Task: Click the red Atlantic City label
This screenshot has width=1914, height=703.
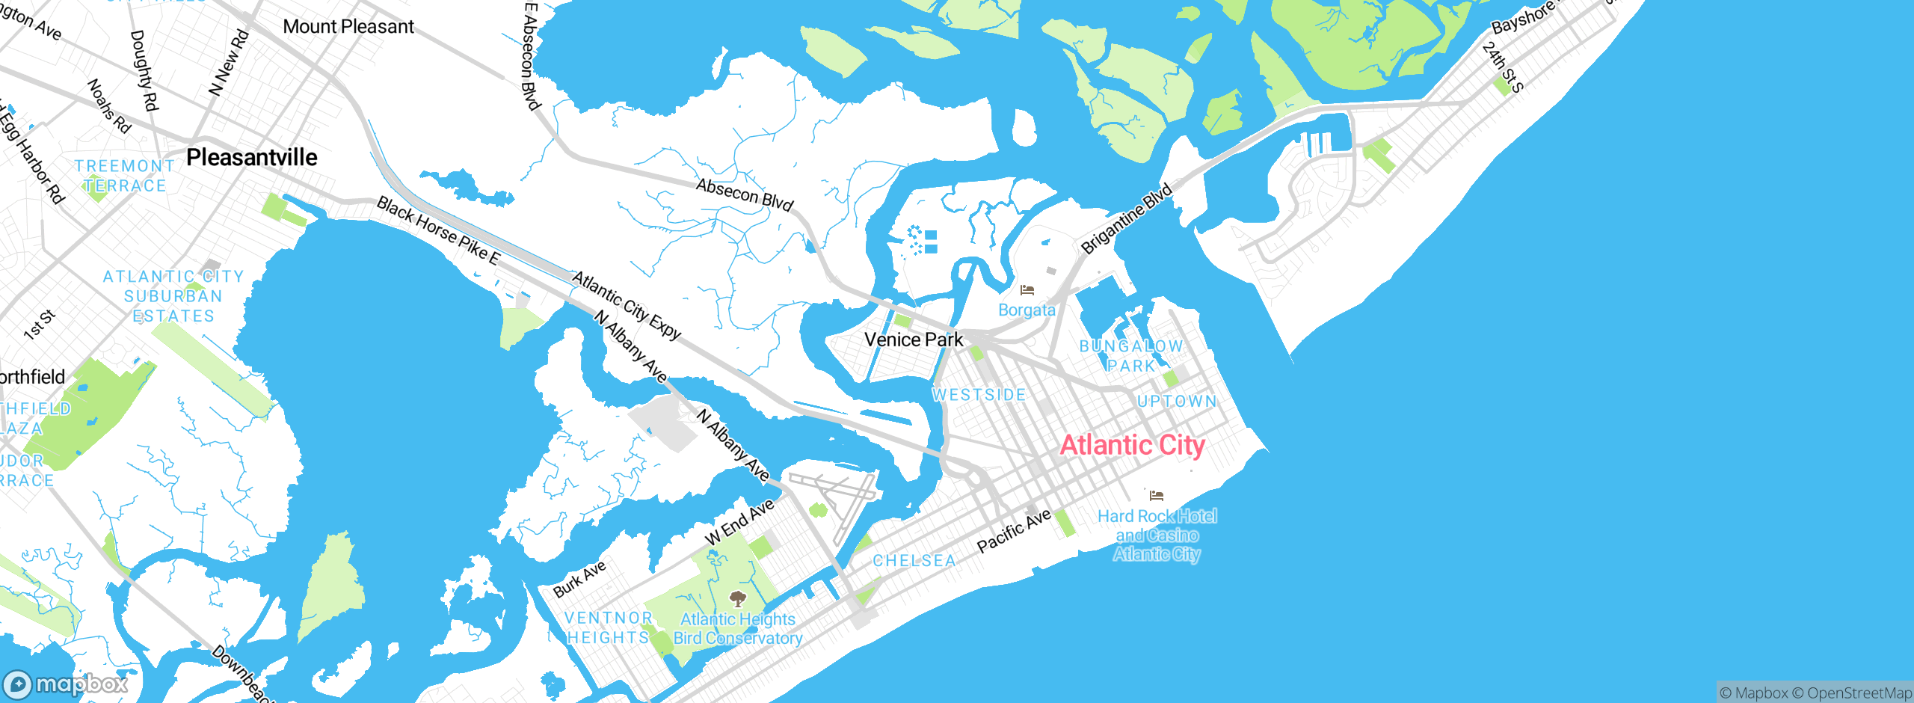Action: click(x=1132, y=446)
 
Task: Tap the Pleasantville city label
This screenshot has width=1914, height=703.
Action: click(x=252, y=158)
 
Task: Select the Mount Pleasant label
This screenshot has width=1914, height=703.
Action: click(x=348, y=27)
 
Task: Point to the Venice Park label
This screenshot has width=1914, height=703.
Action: click(x=914, y=340)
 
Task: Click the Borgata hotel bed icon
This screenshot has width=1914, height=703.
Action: click(x=1027, y=289)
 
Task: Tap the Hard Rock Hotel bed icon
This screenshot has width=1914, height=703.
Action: click(x=1157, y=495)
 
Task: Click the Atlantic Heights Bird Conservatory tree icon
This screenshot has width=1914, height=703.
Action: click(x=738, y=598)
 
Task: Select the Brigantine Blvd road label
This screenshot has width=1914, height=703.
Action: click(x=1126, y=218)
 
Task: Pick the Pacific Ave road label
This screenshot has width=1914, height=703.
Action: click(x=1014, y=531)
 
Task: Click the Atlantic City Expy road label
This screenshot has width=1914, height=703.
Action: click(x=627, y=306)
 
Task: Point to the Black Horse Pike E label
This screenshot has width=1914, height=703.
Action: click(x=438, y=230)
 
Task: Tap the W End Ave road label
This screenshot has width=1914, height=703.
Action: click(x=739, y=522)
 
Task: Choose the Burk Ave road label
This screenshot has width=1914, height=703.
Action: click(x=579, y=580)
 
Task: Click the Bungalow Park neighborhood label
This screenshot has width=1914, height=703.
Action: click(x=1131, y=356)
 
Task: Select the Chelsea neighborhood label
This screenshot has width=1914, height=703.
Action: click(x=914, y=561)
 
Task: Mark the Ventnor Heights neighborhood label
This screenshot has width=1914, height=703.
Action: click(x=608, y=627)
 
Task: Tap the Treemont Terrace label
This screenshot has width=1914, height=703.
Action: click(x=124, y=176)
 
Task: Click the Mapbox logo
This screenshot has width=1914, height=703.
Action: click(x=66, y=684)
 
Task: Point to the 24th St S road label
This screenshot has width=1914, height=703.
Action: click(x=1502, y=67)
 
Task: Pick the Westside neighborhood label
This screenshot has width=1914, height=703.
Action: click(x=979, y=395)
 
